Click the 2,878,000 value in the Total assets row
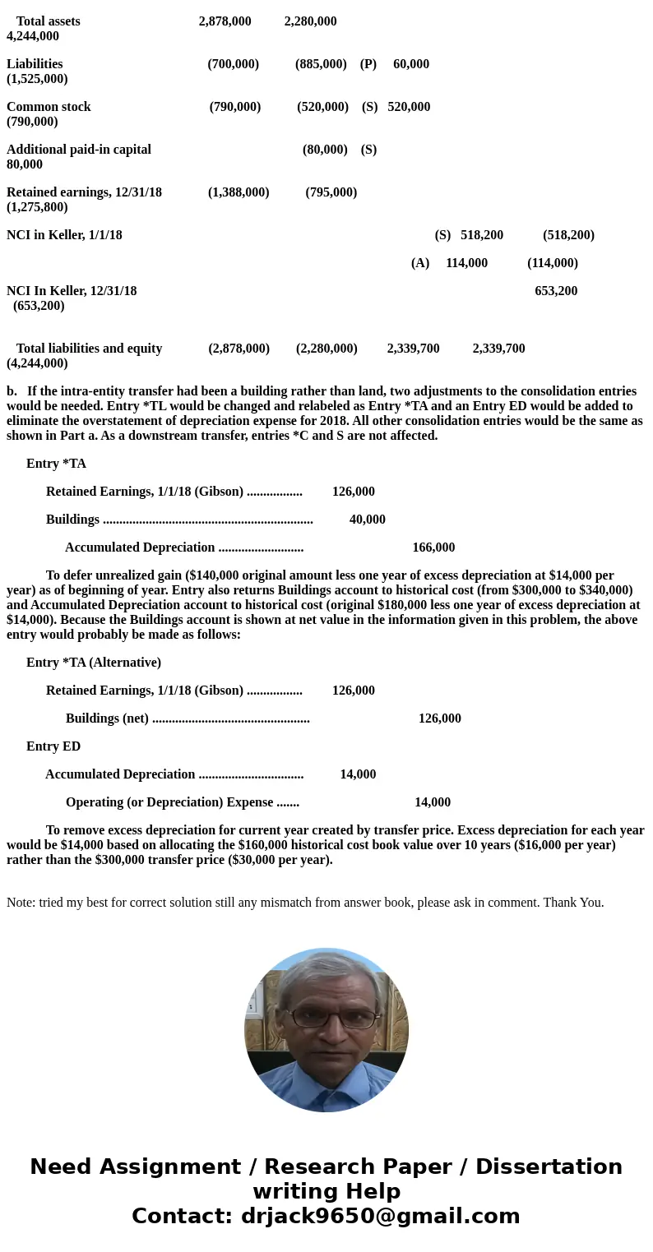(225, 21)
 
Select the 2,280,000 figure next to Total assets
(310, 21)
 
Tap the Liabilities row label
(35, 64)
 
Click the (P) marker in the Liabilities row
(368, 64)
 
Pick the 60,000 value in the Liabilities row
(411, 64)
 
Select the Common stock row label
(49, 107)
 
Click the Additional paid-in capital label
(79, 150)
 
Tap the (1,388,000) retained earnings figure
(239, 192)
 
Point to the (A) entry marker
(420, 263)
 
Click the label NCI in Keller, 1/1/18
(64, 235)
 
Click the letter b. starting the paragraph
(12, 391)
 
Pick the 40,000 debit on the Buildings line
(367, 520)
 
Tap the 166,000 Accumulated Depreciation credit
(433, 547)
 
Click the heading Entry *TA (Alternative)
(94, 663)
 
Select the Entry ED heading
(53, 746)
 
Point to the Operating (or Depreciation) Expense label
(169, 802)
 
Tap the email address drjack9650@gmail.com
(380, 1216)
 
